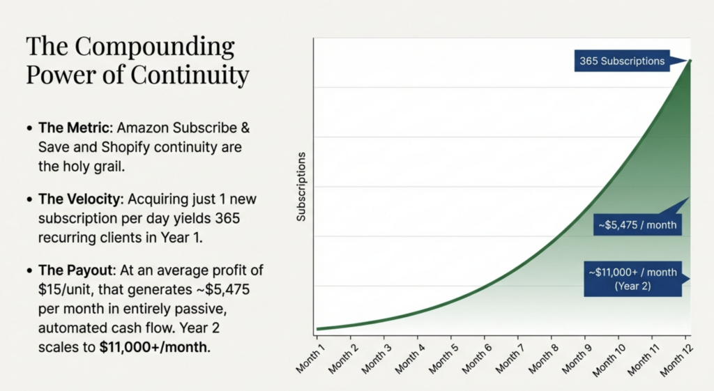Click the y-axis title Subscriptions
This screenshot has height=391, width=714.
pos(301,192)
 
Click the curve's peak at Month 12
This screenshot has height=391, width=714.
pos(689,61)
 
